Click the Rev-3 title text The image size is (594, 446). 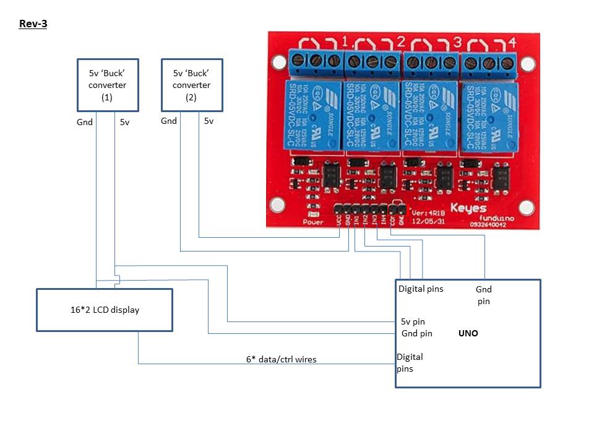pyautogui.click(x=33, y=25)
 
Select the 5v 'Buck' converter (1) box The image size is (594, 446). pyautogui.click(x=107, y=84)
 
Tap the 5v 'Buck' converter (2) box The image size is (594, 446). pyautogui.click(x=191, y=84)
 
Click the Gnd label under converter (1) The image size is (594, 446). pyautogui.click(x=85, y=122)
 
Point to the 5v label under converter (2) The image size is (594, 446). pyautogui.click(x=209, y=121)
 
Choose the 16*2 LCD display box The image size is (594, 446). pyautogui.click(x=104, y=310)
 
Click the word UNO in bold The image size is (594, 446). pyautogui.click(x=468, y=333)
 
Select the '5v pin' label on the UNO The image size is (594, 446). pyautogui.click(x=413, y=321)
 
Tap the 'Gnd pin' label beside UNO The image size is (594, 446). pyautogui.click(x=417, y=334)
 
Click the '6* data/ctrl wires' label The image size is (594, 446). pyautogui.click(x=281, y=359)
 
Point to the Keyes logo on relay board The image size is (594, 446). pyautogui.click(x=468, y=208)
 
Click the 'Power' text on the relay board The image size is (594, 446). pyautogui.click(x=313, y=222)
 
